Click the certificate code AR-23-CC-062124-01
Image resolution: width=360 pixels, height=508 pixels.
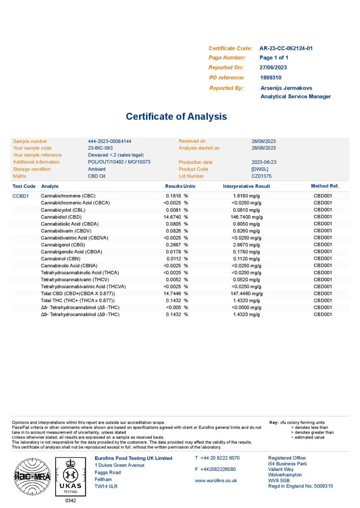coord(286,48)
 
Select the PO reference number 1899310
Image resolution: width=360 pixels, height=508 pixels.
coord(271,77)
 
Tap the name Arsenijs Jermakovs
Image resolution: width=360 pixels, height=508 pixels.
coord(286,88)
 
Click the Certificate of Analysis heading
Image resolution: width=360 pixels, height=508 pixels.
coord(176,117)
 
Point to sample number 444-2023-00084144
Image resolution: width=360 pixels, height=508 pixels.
coord(109,141)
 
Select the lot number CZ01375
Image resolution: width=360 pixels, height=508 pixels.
coord(261,176)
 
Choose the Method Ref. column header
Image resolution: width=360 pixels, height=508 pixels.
coord(325,186)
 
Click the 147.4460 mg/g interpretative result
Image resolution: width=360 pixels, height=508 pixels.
coord(243,293)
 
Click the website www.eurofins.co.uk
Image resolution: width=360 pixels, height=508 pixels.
coord(216,480)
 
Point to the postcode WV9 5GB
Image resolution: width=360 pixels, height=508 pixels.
coord(279,480)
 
